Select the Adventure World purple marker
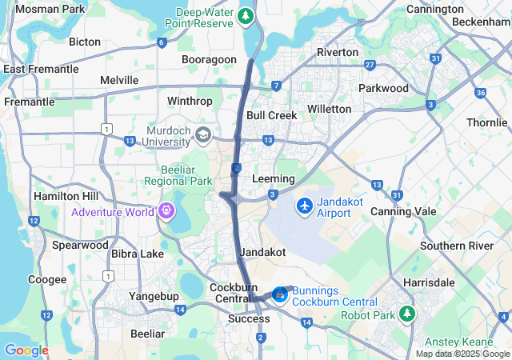pos(166,211)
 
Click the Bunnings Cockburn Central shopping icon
pos(278,295)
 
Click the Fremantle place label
pos(30,102)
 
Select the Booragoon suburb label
pos(209,59)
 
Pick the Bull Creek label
pos(271,115)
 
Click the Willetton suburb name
pos(329,108)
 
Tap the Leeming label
pos(273,178)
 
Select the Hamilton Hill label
pos(66,196)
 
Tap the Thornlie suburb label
pos(487,122)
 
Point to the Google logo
pos(26,350)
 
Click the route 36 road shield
pos(480,92)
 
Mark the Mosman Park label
pos(50,9)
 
